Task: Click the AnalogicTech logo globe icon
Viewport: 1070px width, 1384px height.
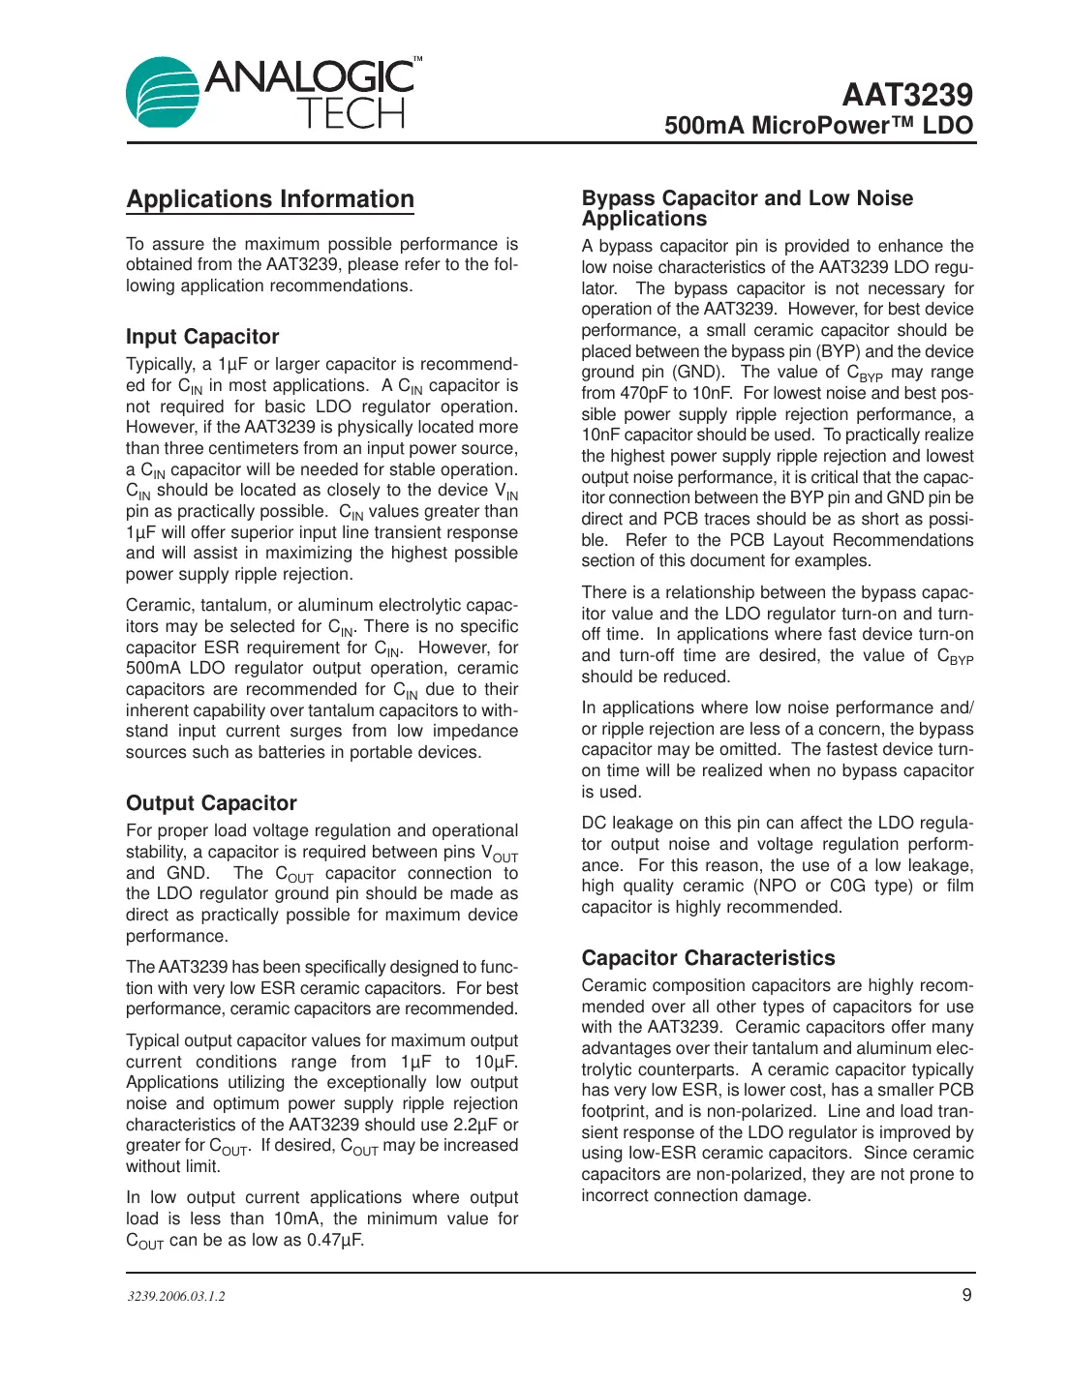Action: pos(163,94)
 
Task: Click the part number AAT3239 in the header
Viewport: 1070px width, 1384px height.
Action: pos(906,95)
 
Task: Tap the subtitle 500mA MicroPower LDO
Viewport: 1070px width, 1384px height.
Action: pos(818,126)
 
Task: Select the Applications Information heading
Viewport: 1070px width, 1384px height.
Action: pos(270,199)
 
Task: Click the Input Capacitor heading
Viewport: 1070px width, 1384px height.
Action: pos(202,337)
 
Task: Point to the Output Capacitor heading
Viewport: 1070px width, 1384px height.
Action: pos(211,803)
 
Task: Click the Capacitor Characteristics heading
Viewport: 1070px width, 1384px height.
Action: pos(708,958)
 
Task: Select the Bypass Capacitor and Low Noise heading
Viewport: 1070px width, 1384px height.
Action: pos(747,198)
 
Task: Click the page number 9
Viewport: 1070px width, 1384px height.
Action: pos(966,1295)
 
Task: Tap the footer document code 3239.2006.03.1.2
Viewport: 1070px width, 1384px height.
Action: pos(175,1296)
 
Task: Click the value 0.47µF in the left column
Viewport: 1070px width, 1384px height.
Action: pos(335,1240)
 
